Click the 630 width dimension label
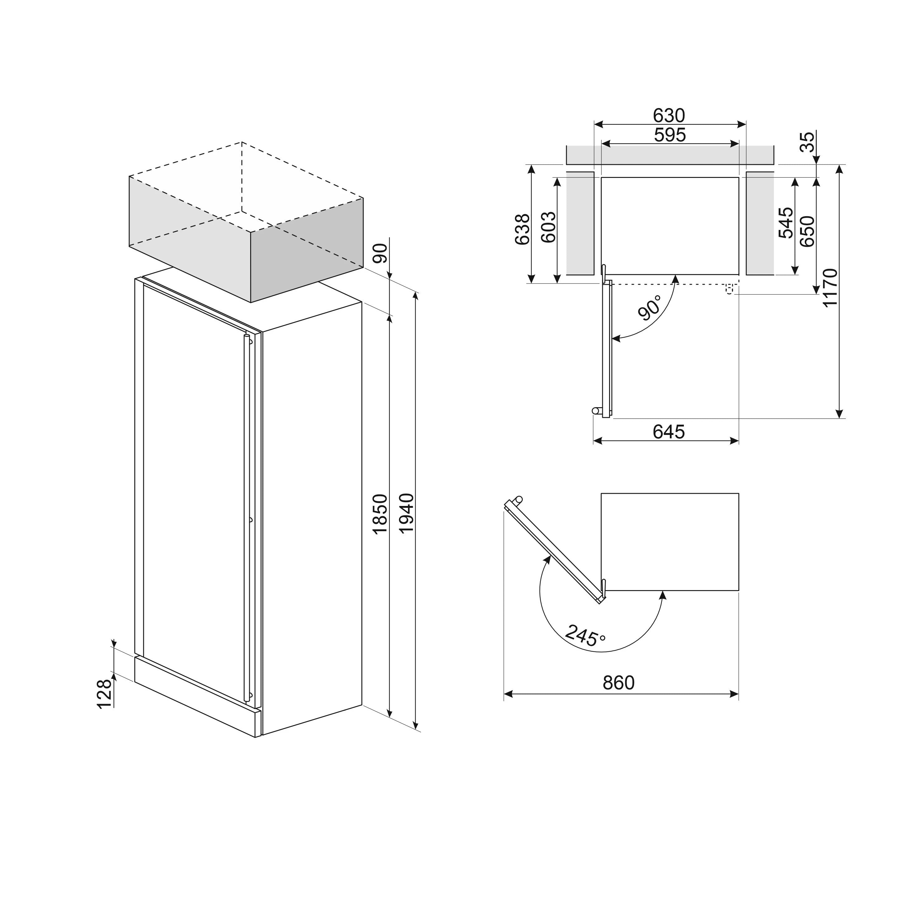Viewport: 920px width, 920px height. point(669,115)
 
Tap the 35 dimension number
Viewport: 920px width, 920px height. point(807,141)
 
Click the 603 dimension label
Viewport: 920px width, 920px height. point(549,227)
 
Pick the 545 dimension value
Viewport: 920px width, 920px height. point(786,222)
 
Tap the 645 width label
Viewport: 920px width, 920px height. point(669,432)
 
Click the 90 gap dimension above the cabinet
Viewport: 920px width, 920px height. point(380,253)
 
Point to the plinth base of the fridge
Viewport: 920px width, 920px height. point(197,696)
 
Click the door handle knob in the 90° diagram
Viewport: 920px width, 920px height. point(595,411)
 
